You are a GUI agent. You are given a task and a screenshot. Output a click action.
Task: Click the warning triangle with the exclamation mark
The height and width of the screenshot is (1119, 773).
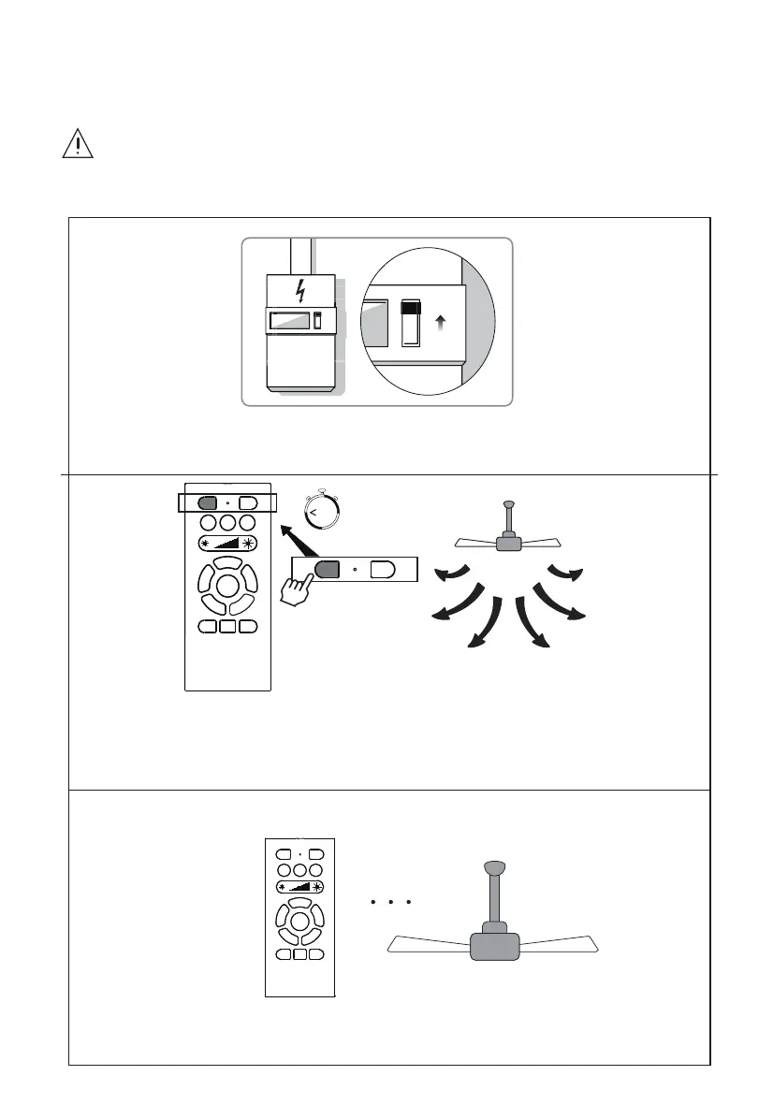click(73, 145)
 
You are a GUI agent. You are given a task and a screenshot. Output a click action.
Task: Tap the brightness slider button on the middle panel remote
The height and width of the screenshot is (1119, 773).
click(227, 545)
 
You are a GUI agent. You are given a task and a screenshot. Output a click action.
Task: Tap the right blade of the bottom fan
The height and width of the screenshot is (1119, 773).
click(558, 944)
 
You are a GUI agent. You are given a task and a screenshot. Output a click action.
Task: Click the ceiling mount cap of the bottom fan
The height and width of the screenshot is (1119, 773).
click(496, 866)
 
